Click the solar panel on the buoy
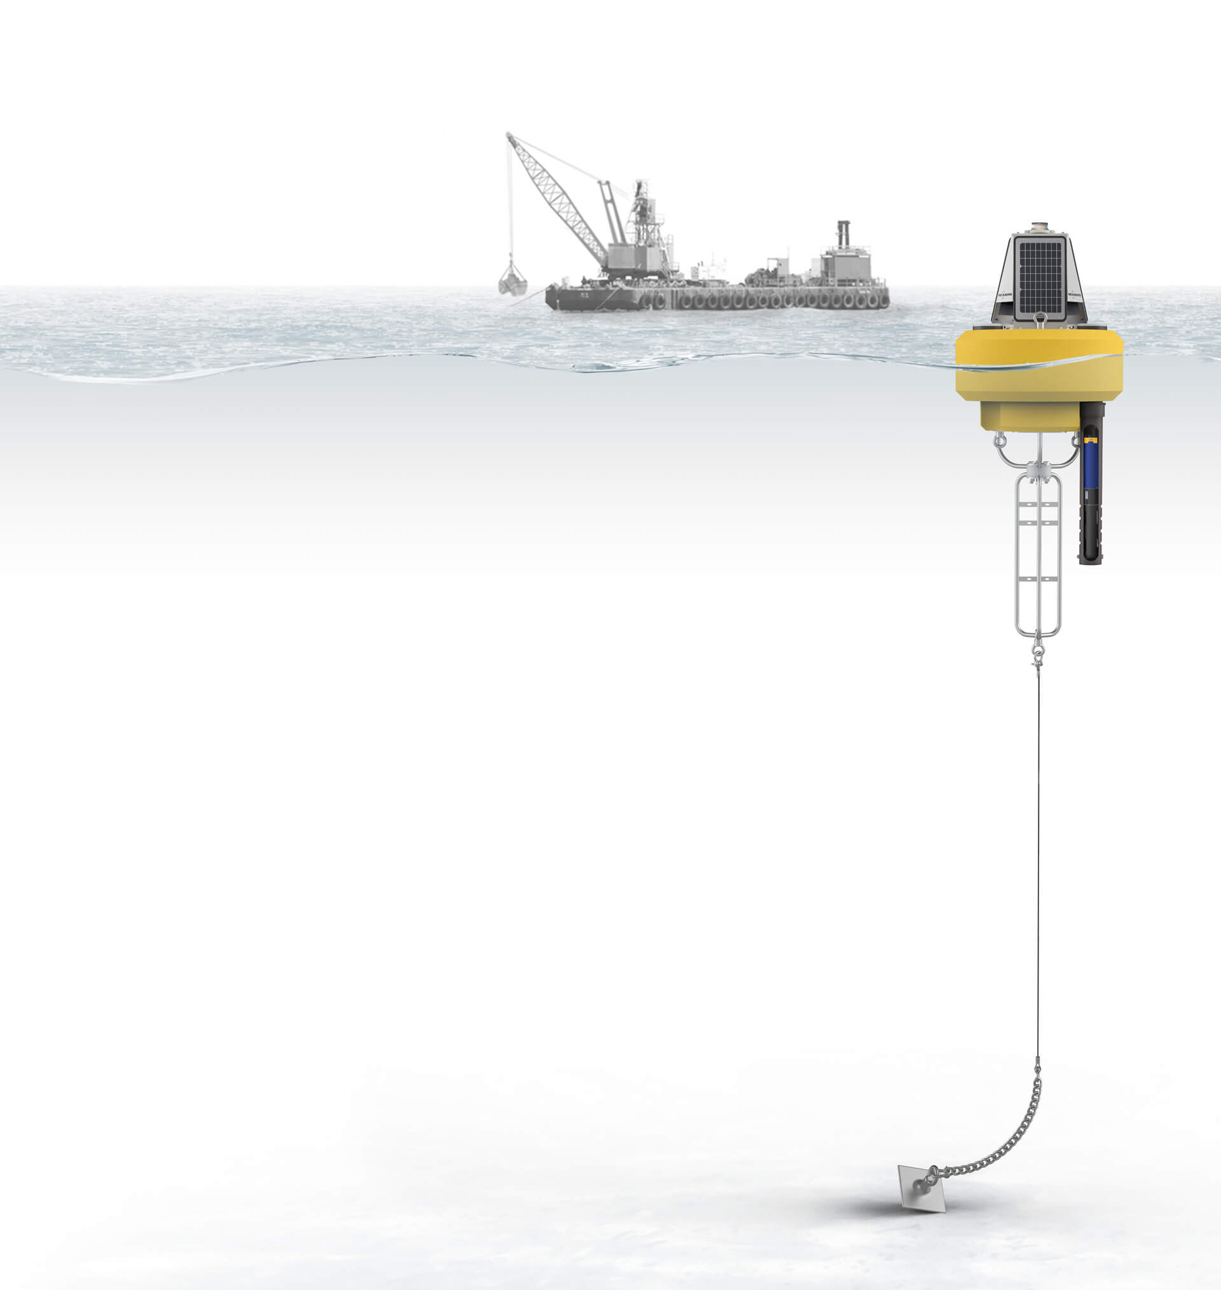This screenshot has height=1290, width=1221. pyautogui.click(x=1039, y=277)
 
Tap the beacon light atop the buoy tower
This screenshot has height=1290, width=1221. pyautogui.click(x=1039, y=227)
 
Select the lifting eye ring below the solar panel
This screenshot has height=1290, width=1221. pyautogui.click(x=1039, y=318)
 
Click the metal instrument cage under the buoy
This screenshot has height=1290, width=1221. pyautogui.click(x=1038, y=553)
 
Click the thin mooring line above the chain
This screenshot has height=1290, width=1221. pyautogui.click(x=1038, y=846)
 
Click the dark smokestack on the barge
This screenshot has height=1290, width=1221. pyautogui.click(x=843, y=233)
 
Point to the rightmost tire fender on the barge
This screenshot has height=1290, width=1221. pyautogui.click(x=883, y=300)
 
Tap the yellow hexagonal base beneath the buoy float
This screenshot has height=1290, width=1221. pyautogui.click(x=1030, y=417)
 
